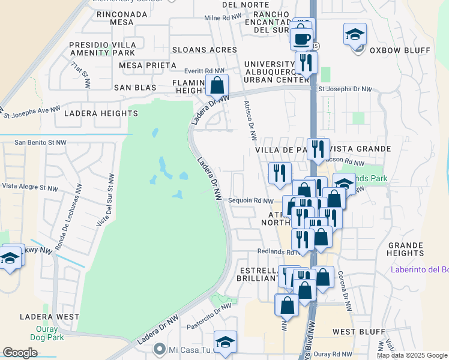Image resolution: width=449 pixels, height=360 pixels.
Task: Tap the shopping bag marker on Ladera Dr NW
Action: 217,86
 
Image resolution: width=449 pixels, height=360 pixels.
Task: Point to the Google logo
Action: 20,353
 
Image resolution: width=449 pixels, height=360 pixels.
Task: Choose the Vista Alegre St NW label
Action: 30,187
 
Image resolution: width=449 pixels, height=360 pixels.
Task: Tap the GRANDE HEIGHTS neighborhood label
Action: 406,249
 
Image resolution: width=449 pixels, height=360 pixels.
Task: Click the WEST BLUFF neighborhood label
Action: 354,331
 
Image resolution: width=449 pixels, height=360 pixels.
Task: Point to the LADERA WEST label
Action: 49,316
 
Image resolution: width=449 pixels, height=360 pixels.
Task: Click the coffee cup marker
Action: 301,38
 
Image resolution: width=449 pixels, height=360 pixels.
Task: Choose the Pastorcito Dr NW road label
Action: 209,313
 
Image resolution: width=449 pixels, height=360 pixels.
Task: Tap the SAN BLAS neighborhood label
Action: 136,88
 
